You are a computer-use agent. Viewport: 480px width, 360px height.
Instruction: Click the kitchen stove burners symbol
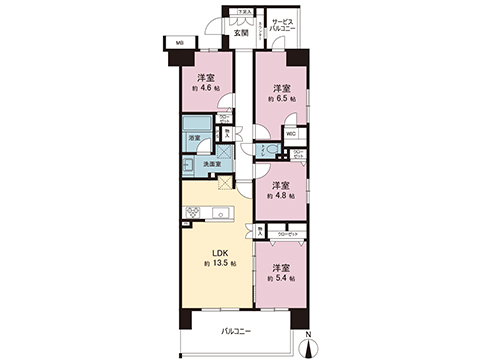point(192,211)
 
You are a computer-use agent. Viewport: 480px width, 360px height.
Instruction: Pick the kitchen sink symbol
point(217,211)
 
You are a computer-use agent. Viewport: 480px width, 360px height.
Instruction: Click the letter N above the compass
point(308,333)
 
